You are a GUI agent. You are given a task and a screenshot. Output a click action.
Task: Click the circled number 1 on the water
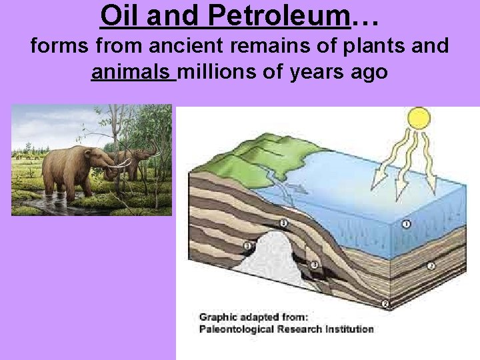click(405, 225)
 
